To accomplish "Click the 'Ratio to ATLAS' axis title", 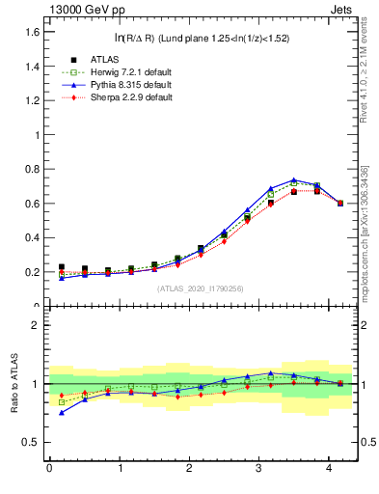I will (13, 383).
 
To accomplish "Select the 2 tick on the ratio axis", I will (35, 325).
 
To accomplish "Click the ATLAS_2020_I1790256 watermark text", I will (200, 288).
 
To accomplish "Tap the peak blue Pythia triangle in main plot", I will (293, 179).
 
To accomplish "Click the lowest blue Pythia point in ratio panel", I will (62, 412).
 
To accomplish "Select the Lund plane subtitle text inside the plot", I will (201, 39).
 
